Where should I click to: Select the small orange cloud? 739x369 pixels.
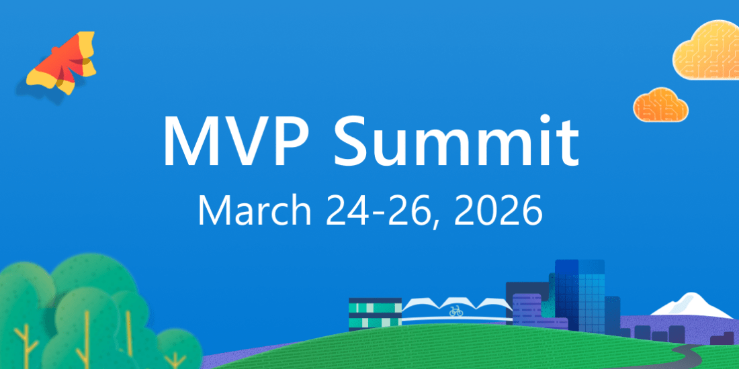point(660,105)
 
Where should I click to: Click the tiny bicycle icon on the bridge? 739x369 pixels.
point(455,311)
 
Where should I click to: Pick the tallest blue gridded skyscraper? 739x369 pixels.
point(580,294)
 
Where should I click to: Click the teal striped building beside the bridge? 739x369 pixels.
point(375,314)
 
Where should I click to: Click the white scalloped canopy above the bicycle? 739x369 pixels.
point(456,303)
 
